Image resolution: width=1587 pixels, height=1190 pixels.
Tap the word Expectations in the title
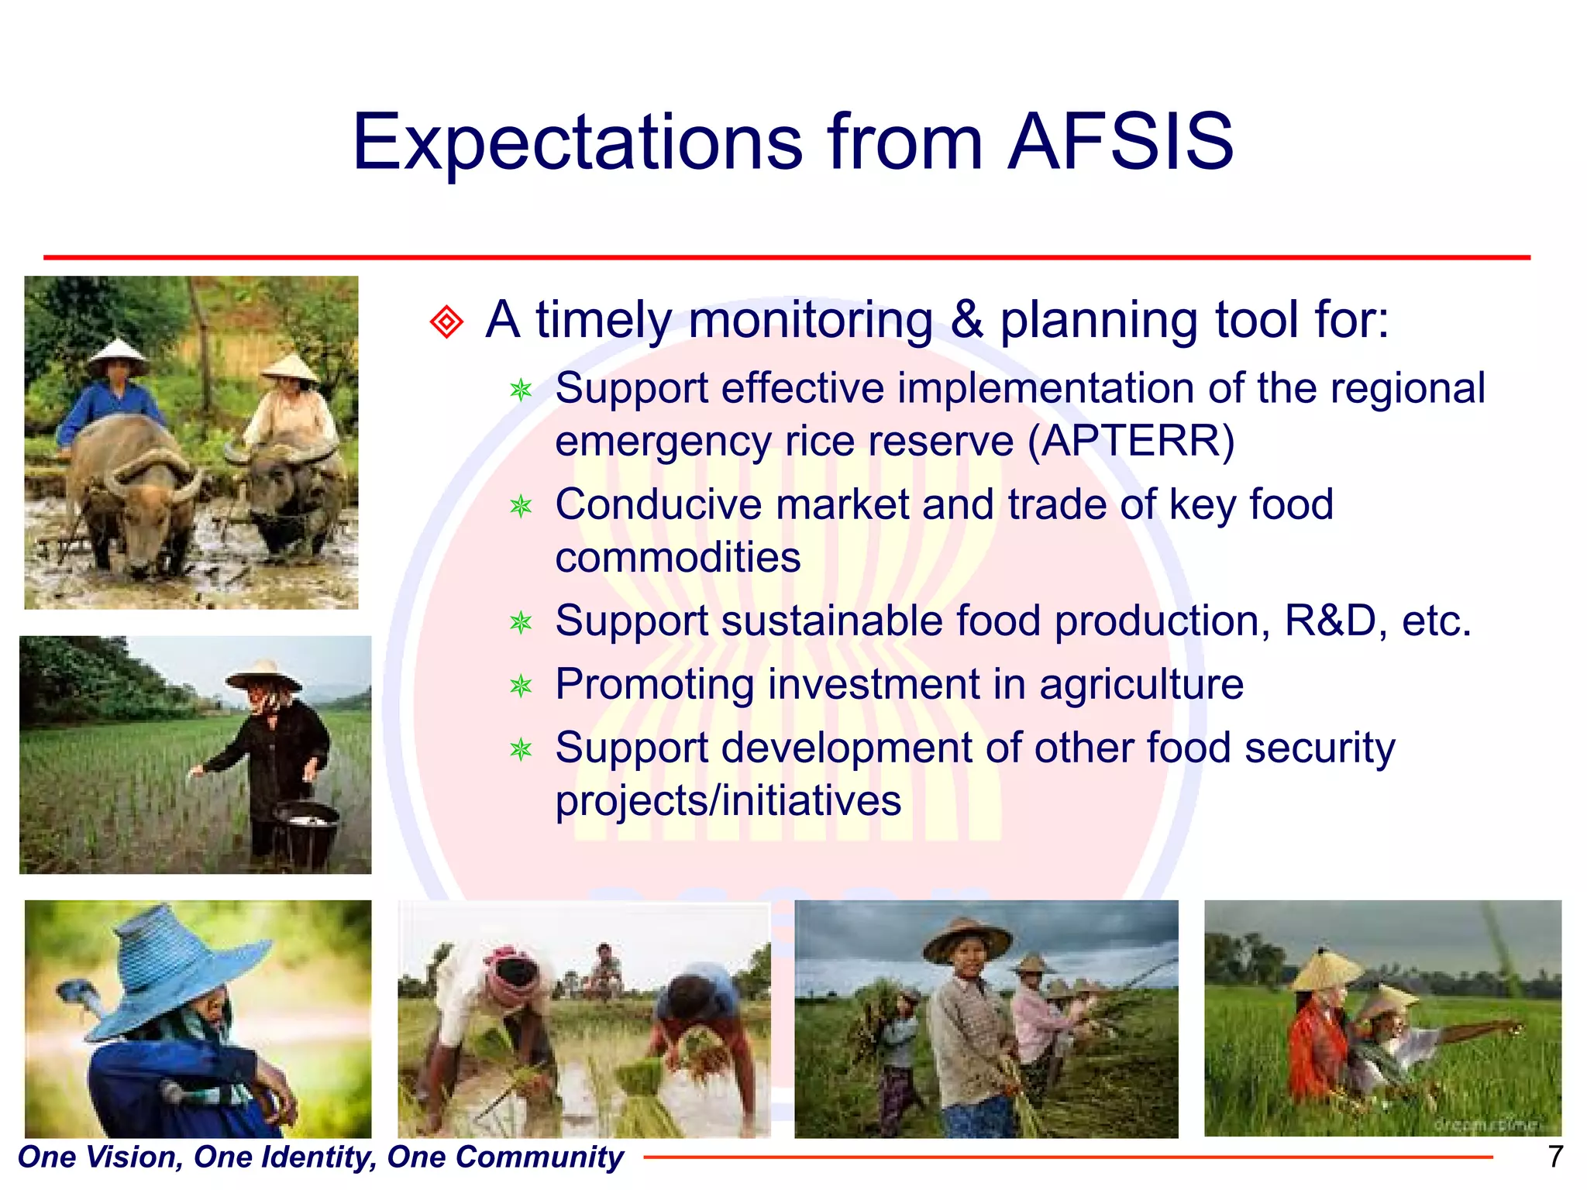(577, 143)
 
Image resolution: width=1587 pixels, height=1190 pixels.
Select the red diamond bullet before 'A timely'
(446, 322)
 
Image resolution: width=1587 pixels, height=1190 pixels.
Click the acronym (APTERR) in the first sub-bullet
(1131, 442)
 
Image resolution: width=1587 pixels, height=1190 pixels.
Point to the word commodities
(678, 558)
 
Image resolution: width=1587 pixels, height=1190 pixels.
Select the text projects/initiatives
(728, 801)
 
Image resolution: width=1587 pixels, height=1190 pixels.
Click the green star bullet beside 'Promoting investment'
(521, 686)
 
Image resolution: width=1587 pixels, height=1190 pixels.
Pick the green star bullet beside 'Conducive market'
(521, 507)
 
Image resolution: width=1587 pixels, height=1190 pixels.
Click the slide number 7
(1555, 1157)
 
